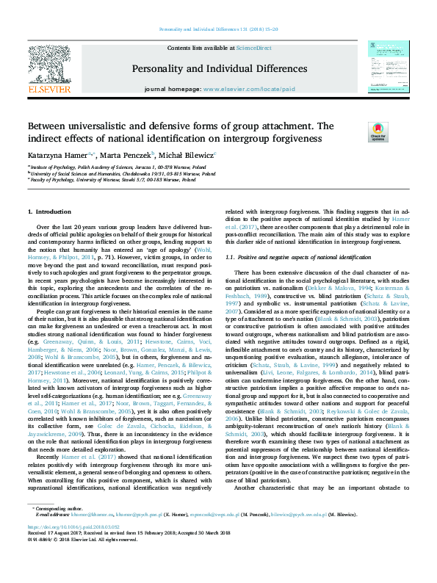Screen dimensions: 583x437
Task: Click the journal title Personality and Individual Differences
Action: (218, 70)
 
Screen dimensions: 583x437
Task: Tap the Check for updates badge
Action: (378, 132)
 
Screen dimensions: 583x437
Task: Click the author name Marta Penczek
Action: (127, 156)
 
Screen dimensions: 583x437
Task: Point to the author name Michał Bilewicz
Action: (187, 156)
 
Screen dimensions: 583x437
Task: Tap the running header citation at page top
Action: (218, 30)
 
